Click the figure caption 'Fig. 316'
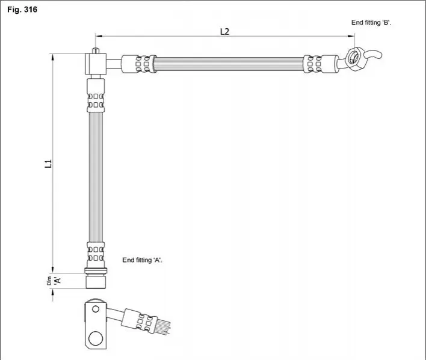tap(22, 10)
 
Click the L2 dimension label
tap(224, 32)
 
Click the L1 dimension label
tap(48, 163)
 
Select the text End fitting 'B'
tap(371, 22)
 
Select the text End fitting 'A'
tap(143, 260)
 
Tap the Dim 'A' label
tap(54, 281)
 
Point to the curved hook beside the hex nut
tap(373, 55)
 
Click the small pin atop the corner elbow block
tap(95, 50)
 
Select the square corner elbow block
tap(96, 64)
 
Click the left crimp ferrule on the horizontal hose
tap(138, 64)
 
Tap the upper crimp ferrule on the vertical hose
tap(96, 95)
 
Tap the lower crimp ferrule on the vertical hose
tap(96, 254)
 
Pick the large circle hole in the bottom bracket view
tap(96, 338)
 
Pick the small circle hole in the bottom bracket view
tap(96, 309)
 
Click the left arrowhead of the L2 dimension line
tap(99, 36)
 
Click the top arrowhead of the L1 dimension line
tap(52, 57)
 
